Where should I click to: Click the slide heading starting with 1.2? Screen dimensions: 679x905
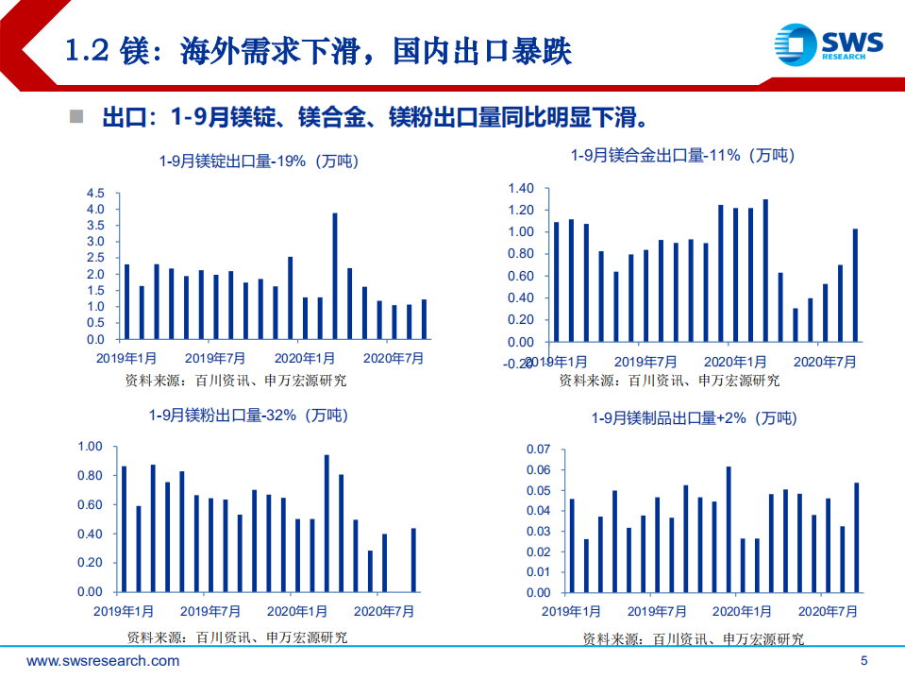coord(318,50)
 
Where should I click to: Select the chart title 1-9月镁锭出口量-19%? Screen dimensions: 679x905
coord(259,161)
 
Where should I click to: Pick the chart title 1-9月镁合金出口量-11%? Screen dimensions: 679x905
coord(682,156)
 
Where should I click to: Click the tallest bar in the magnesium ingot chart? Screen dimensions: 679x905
coord(335,276)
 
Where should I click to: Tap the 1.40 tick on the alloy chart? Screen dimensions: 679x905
coord(521,188)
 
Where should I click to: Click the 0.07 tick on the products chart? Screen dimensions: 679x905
coord(537,450)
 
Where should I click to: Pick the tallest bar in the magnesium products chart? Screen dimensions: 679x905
coord(729,529)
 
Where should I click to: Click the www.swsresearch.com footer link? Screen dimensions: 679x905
coord(102,660)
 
